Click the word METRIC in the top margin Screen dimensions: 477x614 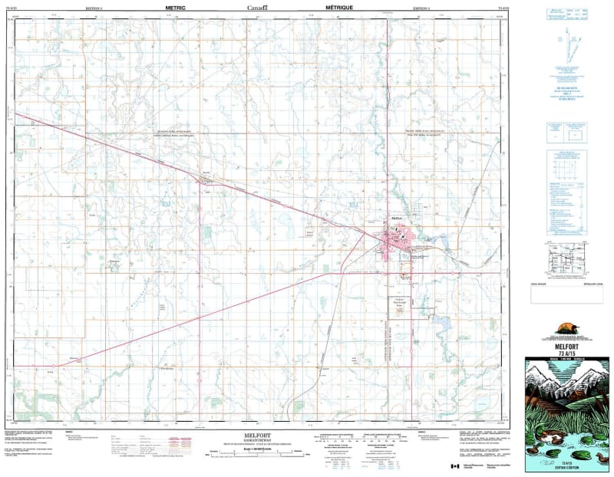(176, 6)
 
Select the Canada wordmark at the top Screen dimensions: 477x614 (257, 6)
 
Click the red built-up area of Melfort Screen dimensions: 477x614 (398, 241)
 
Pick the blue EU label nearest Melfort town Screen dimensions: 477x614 (354, 205)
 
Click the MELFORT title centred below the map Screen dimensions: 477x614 (257, 435)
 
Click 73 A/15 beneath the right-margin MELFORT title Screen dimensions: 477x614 (568, 350)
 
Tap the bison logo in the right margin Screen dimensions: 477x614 (568, 324)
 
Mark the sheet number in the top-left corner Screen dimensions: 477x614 (18, 7)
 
